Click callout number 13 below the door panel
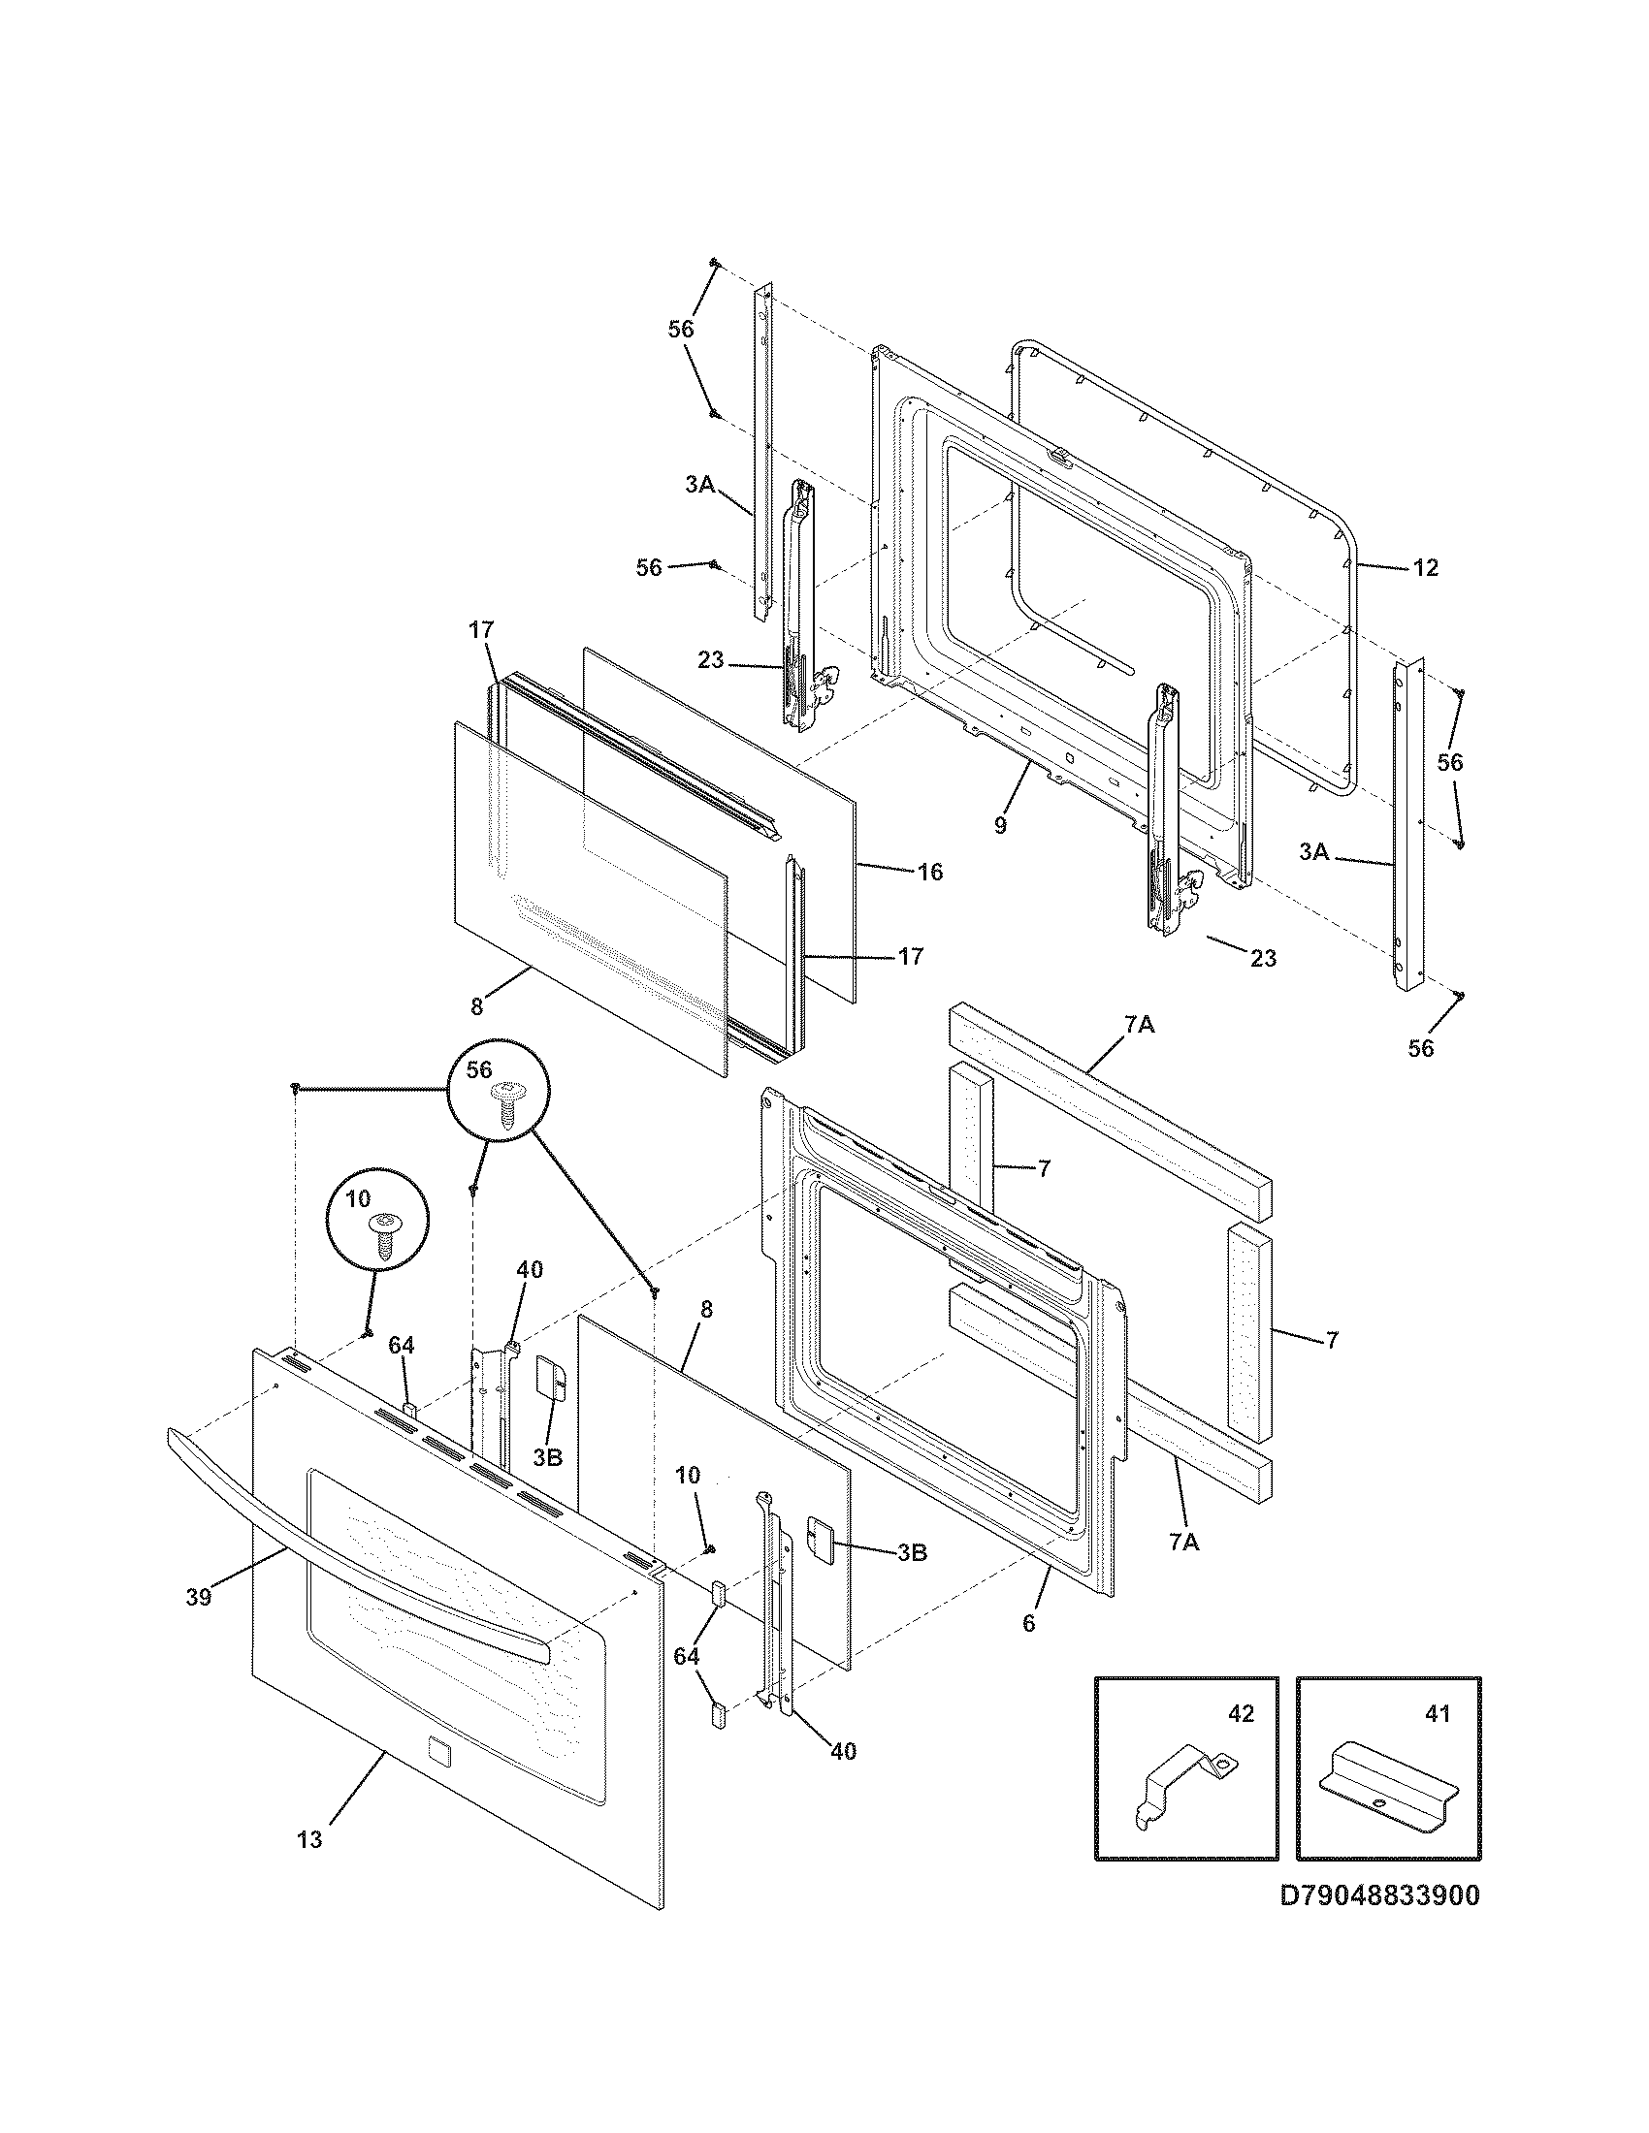tap(308, 1840)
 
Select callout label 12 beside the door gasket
tap(1425, 567)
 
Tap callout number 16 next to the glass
tap(930, 872)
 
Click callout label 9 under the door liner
tap(999, 825)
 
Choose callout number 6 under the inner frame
tap(1027, 1623)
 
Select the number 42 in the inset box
tap(1240, 1714)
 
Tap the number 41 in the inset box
tap(1437, 1714)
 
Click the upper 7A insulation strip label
tap(1139, 1025)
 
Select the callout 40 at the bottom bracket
tap(843, 1751)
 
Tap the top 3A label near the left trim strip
tap(699, 484)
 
